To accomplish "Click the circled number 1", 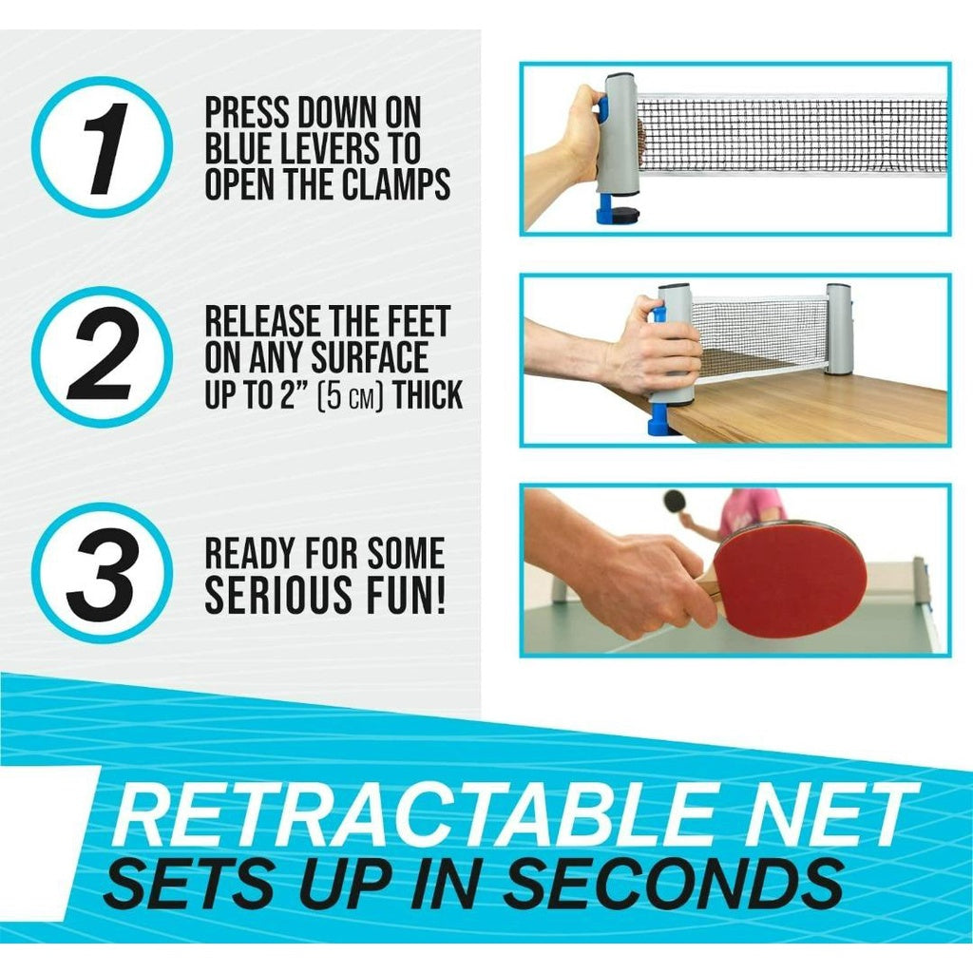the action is [103, 147].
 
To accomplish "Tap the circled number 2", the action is [103, 357].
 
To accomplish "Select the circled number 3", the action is [103, 573].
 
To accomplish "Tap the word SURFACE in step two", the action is [370, 357].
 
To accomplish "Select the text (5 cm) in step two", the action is [348, 394].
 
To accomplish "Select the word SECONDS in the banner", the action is [674, 883].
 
